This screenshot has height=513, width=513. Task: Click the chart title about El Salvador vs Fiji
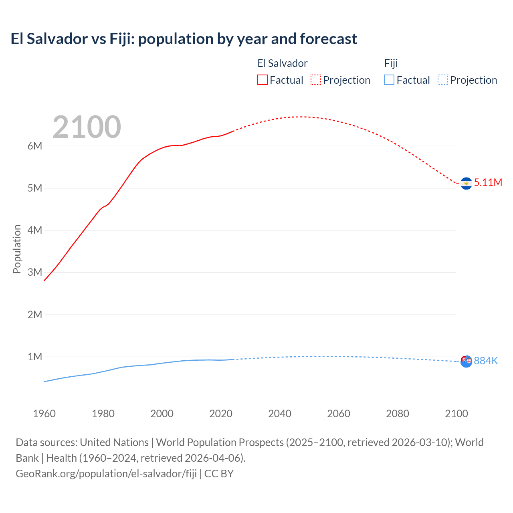click(184, 39)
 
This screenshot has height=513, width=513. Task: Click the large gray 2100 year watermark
click(87, 127)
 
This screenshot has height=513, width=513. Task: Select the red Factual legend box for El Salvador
click(262, 80)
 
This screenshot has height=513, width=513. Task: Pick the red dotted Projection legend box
click(316, 80)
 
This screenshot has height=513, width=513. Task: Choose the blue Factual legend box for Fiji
click(389, 80)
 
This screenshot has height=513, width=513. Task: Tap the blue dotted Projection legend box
click(442, 80)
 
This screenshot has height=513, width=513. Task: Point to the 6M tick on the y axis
click(35, 146)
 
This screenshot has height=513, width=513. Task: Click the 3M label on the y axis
click(35, 272)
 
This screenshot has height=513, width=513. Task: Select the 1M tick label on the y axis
click(35, 357)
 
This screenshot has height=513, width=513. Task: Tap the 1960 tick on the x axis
click(44, 414)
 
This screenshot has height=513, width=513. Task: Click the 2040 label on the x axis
click(280, 414)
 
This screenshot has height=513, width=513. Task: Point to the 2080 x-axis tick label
click(398, 414)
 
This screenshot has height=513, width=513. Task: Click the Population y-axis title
click(17, 249)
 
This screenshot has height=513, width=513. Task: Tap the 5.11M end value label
click(488, 182)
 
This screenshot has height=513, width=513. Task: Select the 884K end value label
click(486, 361)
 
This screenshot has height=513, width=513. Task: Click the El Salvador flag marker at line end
click(466, 183)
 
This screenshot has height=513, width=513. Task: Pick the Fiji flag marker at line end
click(466, 361)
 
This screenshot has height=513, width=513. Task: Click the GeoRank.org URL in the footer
click(106, 474)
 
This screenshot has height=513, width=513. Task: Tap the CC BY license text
click(219, 474)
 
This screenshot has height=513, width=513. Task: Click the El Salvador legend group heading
click(282, 63)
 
